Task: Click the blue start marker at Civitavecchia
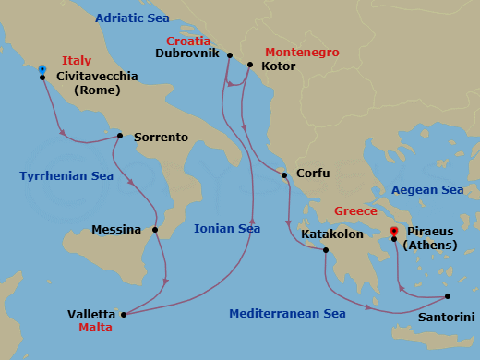(x=42, y=68)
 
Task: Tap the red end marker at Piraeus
(x=394, y=231)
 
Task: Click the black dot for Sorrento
(x=120, y=137)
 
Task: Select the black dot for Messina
(x=155, y=230)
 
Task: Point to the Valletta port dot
(x=124, y=314)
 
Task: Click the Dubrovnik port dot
(x=229, y=55)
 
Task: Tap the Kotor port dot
(x=248, y=65)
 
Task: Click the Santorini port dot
(x=448, y=296)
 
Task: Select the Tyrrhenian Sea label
(x=66, y=175)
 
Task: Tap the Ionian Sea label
(x=227, y=229)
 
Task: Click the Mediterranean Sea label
(x=288, y=314)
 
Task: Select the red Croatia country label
(x=189, y=42)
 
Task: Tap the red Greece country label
(x=355, y=210)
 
